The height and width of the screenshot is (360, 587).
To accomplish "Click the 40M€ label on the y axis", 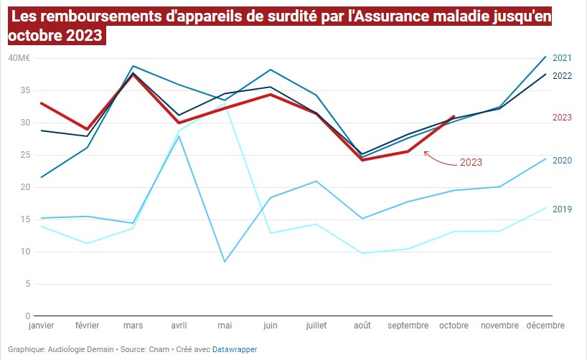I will pos(19,58).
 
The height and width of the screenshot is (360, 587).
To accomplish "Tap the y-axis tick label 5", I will pos(27,284).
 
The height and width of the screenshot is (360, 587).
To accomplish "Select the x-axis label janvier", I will pos(41,326).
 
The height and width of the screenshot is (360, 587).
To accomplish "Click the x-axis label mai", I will pos(225,326).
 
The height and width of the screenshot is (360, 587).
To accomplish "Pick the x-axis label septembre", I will pos(408,326).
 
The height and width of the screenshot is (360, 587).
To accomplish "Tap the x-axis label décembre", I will pos(545,326).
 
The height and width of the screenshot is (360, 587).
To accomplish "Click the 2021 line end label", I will pos(562,58).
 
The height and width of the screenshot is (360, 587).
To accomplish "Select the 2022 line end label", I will pos(562,75).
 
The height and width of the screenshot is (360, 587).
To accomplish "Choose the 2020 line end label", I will pos(562,160).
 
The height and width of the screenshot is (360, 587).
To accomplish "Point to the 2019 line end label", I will pos(562,209).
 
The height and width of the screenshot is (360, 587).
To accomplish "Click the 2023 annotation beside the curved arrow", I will pos(471,163).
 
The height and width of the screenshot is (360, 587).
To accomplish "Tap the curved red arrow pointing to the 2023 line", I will pos(438,159).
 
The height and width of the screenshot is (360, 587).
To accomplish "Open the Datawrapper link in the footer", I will pos(235,349).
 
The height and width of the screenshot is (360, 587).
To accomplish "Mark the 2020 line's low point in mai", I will pos(225,261).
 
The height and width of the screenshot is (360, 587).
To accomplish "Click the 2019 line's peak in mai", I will pos(225,103).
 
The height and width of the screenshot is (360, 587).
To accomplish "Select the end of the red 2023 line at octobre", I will pos(454,116).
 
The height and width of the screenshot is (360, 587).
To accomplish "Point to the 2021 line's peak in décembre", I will pos(545,57).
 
